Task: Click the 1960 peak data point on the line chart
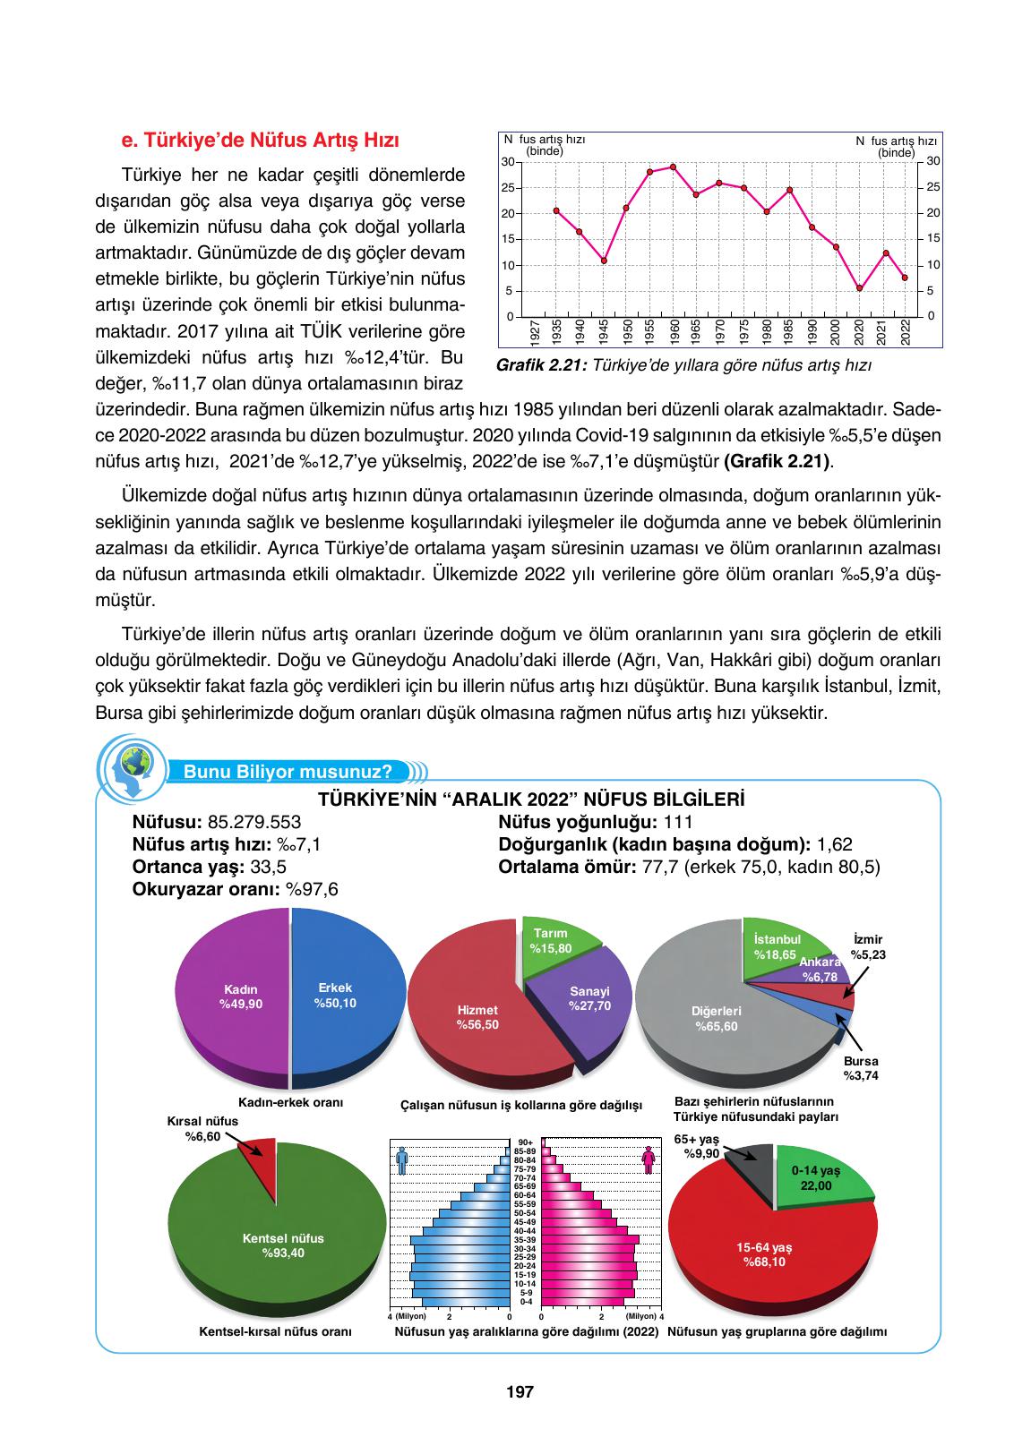click(673, 167)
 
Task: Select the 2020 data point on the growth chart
click(860, 288)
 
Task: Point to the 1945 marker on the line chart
click(604, 261)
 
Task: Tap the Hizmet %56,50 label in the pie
click(477, 1017)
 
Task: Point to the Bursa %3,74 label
click(860, 1068)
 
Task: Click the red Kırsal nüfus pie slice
click(261, 1161)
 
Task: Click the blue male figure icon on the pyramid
click(402, 1161)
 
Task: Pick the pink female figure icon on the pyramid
click(649, 1161)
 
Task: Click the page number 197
click(520, 1392)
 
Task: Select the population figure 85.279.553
click(253, 821)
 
